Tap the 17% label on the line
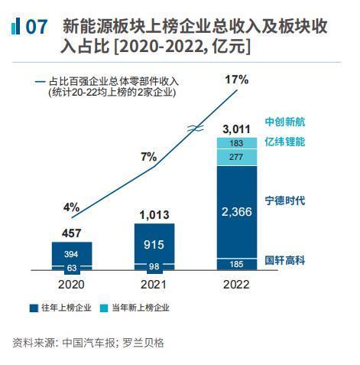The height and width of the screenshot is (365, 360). tap(237, 79)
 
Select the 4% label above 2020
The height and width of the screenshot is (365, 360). tap(71, 207)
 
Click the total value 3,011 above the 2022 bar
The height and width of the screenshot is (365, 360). tap(237, 129)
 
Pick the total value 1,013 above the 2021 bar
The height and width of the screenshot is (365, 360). tap(154, 215)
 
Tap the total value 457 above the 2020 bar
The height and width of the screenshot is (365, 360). tap(72, 233)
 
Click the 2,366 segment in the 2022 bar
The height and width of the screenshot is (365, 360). tap(237, 211)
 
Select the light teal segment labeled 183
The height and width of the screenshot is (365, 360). tap(237, 143)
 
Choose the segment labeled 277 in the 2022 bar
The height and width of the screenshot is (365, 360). tap(237, 157)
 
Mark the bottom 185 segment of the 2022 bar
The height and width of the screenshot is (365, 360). tap(237, 264)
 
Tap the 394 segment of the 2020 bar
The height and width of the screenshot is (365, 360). tap(72, 253)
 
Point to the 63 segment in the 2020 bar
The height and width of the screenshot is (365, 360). tap(72, 268)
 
